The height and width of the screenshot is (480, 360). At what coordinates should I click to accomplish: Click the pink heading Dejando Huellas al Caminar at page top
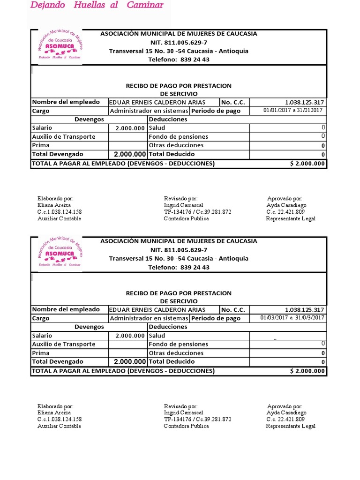point(97,6)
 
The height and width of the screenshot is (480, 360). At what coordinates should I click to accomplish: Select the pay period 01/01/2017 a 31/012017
point(292,111)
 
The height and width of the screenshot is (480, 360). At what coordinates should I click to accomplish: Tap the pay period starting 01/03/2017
point(292,318)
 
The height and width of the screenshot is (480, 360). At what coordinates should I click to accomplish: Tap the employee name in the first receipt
point(157,102)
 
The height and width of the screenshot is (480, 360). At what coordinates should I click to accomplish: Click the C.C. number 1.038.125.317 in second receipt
point(304,310)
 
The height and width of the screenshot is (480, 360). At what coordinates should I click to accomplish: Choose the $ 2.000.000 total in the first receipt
point(307,164)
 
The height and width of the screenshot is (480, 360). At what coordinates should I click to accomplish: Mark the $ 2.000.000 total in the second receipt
point(307,371)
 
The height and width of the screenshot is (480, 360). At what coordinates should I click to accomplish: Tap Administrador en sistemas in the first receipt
point(149,111)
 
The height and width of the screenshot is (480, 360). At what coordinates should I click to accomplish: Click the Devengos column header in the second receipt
point(89,327)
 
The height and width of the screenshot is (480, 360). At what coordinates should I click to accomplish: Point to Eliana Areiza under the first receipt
point(54,205)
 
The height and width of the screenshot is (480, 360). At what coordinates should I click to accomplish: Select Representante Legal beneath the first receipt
point(291,218)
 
